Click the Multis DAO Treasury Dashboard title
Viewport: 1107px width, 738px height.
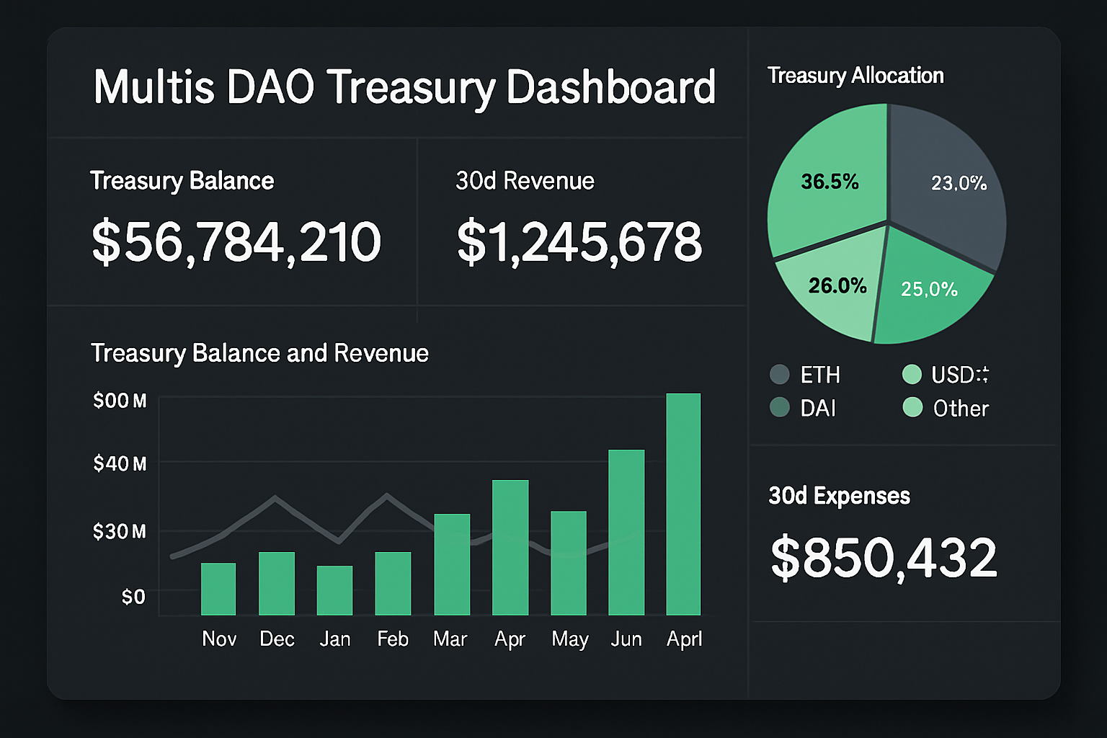[x=404, y=87]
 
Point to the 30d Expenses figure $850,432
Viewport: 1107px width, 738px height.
[x=884, y=558]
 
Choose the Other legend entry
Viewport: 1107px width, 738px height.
[x=946, y=408]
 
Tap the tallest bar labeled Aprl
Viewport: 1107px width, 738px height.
[x=683, y=504]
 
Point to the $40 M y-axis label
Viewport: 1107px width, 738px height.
[x=120, y=463]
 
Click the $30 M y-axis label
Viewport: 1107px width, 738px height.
[x=120, y=532]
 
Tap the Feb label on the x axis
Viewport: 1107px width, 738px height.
[x=393, y=639]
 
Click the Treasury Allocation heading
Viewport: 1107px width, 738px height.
[x=855, y=76]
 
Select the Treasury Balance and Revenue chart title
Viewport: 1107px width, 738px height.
[x=259, y=353]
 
